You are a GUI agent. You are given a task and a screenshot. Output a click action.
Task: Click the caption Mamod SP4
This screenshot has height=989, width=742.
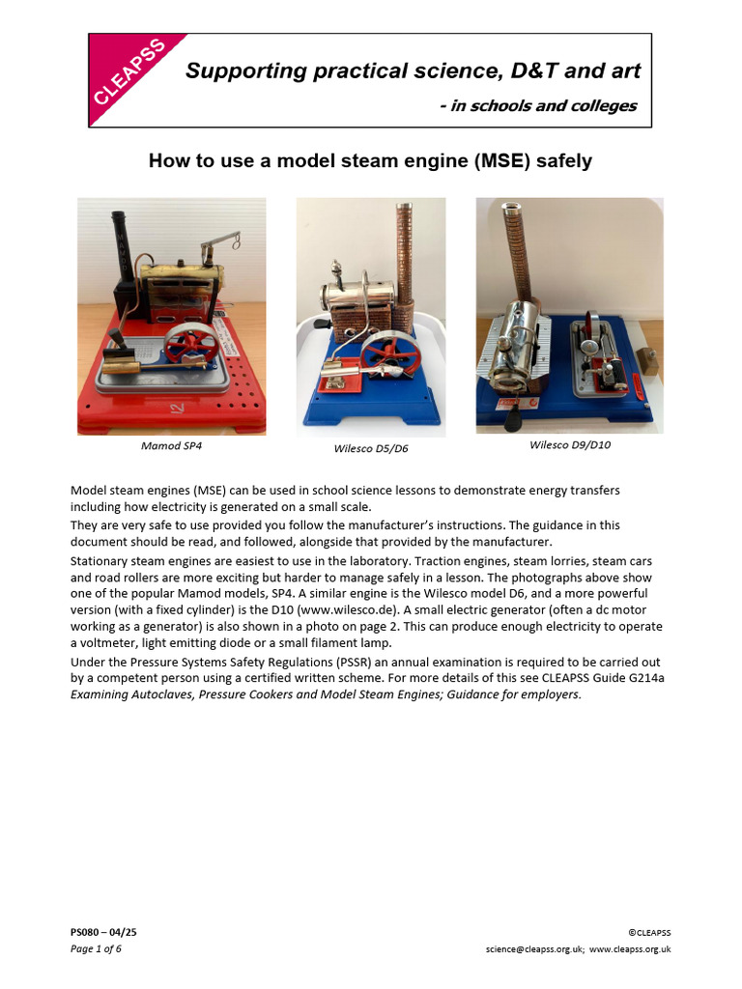(x=172, y=447)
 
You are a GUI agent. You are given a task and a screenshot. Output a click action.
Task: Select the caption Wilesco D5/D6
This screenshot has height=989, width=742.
(x=371, y=449)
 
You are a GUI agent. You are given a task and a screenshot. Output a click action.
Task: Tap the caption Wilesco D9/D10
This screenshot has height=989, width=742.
(x=570, y=445)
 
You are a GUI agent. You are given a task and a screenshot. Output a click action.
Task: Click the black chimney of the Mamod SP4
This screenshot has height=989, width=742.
(x=122, y=245)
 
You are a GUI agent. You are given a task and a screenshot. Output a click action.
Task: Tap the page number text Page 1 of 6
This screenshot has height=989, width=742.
(x=96, y=948)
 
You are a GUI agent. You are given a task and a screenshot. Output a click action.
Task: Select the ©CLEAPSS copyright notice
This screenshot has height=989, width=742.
(x=649, y=932)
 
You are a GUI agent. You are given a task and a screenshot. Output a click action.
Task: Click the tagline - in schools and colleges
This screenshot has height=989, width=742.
(x=537, y=105)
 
